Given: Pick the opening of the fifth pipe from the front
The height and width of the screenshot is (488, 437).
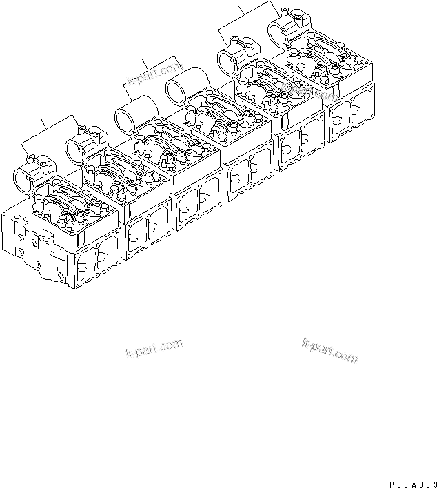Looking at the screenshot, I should coord(227,63).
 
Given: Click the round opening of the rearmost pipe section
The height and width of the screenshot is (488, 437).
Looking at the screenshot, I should coord(277,32).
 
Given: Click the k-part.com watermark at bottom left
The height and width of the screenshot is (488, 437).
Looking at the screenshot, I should coord(154,349).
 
